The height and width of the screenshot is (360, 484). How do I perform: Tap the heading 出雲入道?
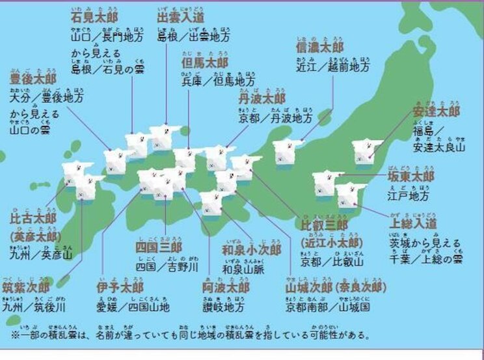click(x=180, y=16)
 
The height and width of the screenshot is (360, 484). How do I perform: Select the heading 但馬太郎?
click(x=205, y=63)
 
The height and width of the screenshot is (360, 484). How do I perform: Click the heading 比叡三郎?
click(x=324, y=225)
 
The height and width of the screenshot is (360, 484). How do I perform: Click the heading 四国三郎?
click(x=158, y=247)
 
